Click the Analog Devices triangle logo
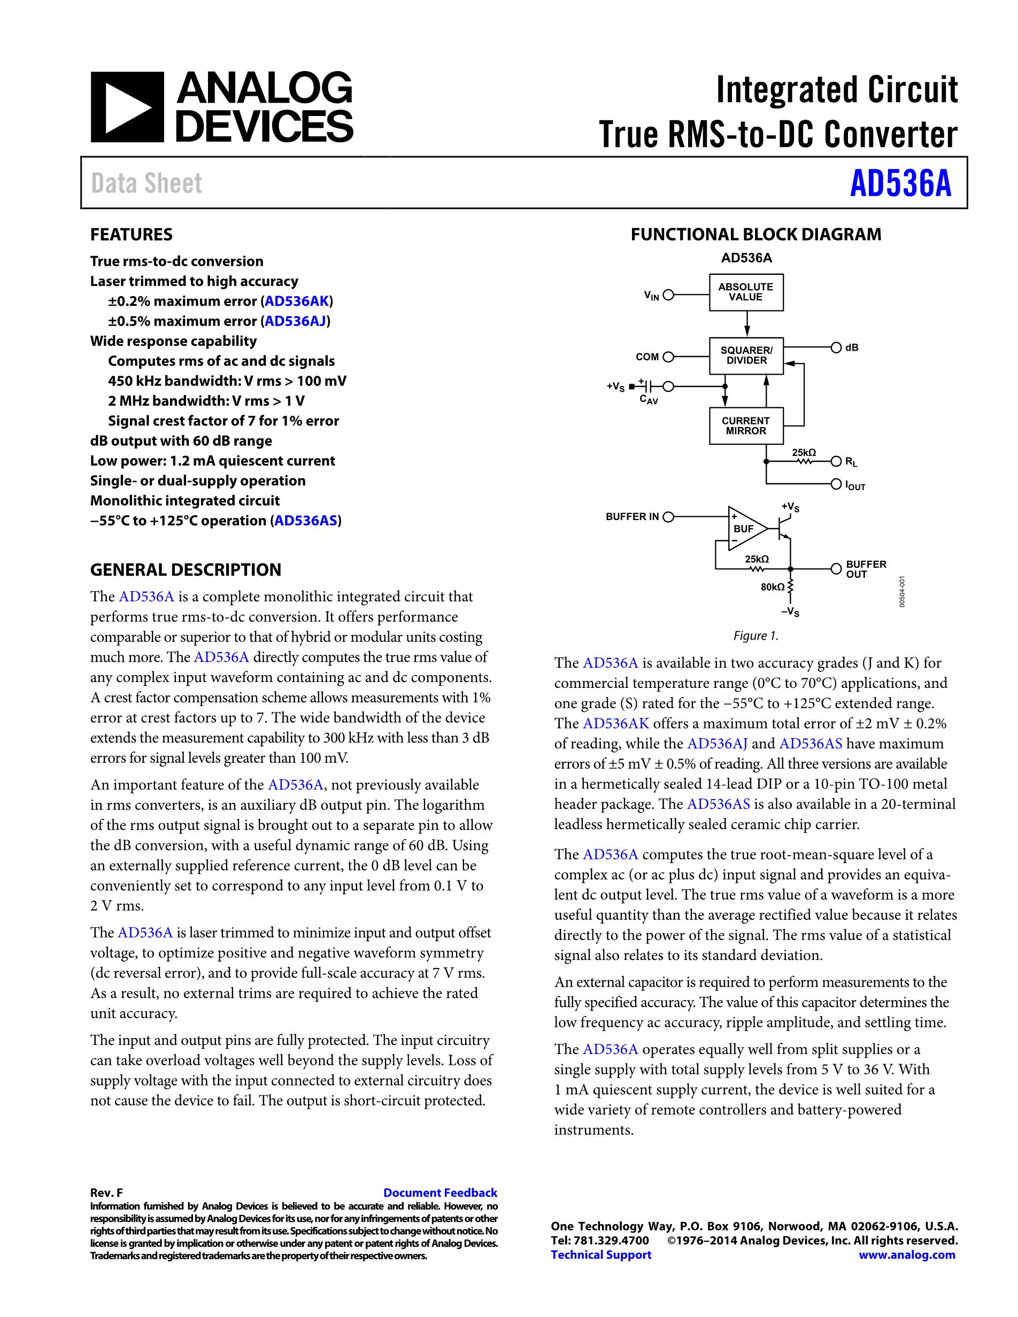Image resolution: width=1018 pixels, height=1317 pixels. pos(127,107)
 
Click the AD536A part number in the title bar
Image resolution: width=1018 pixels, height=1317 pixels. pos(900,184)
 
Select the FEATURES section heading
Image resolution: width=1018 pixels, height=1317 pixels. pos(131,235)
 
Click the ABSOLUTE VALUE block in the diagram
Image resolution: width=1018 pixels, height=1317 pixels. pos(745,292)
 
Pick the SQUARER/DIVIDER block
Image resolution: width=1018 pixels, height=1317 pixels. pos(746,356)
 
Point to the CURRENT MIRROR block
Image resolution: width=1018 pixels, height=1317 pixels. pos(745,426)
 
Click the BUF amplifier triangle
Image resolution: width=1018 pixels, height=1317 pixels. pos(745,529)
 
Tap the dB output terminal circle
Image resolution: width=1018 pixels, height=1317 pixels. pos(836,348)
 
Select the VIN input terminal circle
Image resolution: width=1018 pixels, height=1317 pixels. pos(668,296)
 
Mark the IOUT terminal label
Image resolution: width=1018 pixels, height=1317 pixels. pos(855,485)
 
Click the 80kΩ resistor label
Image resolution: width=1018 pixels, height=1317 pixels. pos(773,586)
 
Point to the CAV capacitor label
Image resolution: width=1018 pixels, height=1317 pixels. pos(649,400)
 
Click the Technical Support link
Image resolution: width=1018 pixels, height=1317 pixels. pos(600,1254)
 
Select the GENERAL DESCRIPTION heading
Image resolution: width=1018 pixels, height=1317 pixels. pos(186,570)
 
